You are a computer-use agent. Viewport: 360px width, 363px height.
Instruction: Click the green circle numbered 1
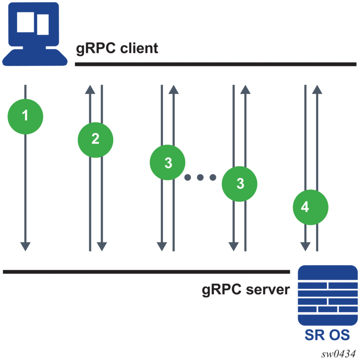coord(25,116)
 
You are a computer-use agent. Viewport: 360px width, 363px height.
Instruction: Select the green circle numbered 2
coord(95,139)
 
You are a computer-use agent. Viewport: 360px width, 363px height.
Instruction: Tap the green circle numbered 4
coord(311,207)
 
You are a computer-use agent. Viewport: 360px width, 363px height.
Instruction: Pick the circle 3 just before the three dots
coord(167,162)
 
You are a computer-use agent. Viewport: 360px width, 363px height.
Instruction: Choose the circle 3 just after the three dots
coord(240,184)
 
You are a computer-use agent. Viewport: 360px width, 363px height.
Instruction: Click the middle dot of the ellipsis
coord(200,178)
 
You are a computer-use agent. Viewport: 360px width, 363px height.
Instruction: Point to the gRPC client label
coord(116,48)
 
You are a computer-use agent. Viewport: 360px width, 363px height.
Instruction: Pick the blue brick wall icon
coord(328,295)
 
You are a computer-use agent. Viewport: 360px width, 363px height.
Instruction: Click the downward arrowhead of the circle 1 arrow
coord(25,246)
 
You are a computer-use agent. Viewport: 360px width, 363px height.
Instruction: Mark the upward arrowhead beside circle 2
coord(90,89)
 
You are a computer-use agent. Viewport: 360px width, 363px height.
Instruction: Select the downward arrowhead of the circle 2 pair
coord(102,246)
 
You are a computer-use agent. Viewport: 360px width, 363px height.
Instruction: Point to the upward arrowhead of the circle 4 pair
coord(317,89)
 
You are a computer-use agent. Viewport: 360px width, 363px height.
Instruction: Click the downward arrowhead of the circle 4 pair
coord(305,246)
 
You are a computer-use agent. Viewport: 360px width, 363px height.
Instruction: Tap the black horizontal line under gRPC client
coord(215,65)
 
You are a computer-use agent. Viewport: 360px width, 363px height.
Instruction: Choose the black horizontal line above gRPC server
coord(146,271)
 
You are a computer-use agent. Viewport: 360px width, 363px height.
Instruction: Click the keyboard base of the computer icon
coord(34,57)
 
